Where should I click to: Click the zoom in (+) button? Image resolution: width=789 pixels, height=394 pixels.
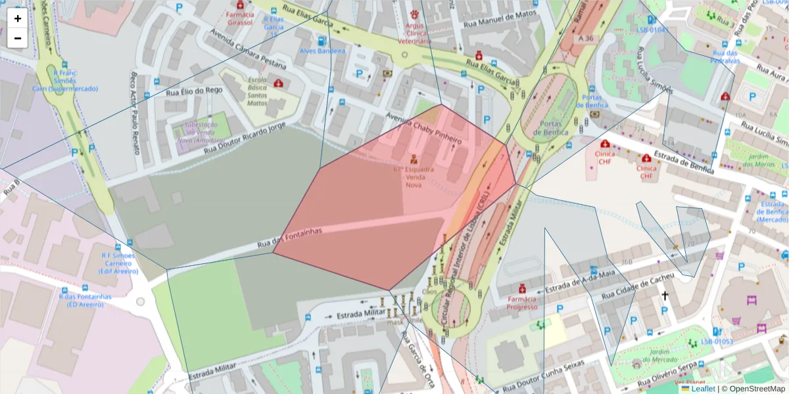pos(18,18)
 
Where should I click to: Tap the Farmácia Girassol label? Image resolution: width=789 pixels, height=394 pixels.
pos(239,18)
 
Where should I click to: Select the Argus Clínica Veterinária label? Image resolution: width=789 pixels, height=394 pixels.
pos(414,33)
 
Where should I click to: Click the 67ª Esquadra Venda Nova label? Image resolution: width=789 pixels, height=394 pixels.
pos(414,177)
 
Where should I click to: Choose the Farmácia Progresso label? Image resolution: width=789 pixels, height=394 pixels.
pos(522,303)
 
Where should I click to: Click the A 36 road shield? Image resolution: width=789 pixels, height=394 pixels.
pos(586,39)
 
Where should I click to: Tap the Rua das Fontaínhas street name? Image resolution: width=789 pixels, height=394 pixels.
pos(289,239)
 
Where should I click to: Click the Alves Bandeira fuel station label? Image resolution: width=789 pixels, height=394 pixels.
pos(322,51)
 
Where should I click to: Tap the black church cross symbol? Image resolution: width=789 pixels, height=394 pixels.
pos(665,296)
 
